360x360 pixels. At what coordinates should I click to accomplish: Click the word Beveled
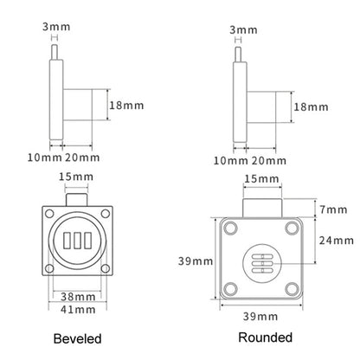(77, 338)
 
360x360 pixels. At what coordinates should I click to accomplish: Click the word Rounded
(266, 337)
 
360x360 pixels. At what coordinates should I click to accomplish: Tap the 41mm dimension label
(78, 310)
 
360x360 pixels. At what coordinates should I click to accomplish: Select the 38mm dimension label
(78, 297)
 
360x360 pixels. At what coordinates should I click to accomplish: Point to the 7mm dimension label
(333, 209)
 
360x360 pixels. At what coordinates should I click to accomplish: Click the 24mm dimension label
(337, 241)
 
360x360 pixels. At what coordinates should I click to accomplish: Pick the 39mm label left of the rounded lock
(196, 261)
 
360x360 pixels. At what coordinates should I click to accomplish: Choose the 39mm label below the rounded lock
(260, 317)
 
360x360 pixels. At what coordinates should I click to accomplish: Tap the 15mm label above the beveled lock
(76, 177)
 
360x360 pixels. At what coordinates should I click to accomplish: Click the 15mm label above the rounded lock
(261, 179)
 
